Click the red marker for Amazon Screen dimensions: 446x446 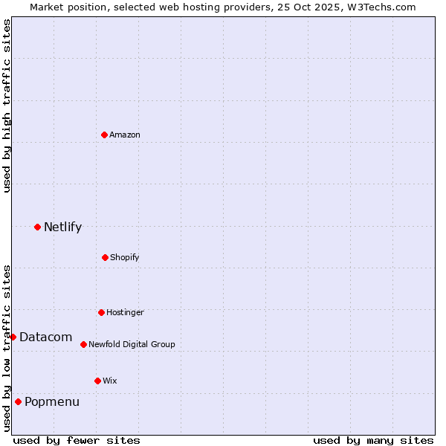[x=104, y=135]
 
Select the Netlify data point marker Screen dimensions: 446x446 [x=37, y=227]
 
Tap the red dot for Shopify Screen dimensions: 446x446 [x=105, y=257]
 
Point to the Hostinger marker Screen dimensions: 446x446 [x=101, y=312]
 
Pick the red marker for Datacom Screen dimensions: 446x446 [x=13, y=337]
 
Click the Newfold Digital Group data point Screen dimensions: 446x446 [x=83, y=344]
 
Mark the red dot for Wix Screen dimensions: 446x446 [x=97, y=381]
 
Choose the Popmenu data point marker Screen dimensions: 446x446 [x=18, y=401]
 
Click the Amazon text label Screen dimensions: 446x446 [x=125, y=135]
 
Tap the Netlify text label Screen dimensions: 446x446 [x=62, y=227]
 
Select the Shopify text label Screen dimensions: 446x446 [x=125, y=257]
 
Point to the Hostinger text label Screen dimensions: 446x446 [x=125, y=312]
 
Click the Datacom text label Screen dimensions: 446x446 [x=46, y=337]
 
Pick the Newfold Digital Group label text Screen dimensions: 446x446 [x=132, y=344]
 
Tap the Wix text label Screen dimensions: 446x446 [x=110, y=381]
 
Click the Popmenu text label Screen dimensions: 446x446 [x=52, y=401]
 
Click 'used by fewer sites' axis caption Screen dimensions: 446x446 [x=77, y=440]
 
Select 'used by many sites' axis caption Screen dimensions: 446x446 [x=373, y=440]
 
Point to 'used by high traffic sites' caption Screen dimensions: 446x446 [x=7, y=106]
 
